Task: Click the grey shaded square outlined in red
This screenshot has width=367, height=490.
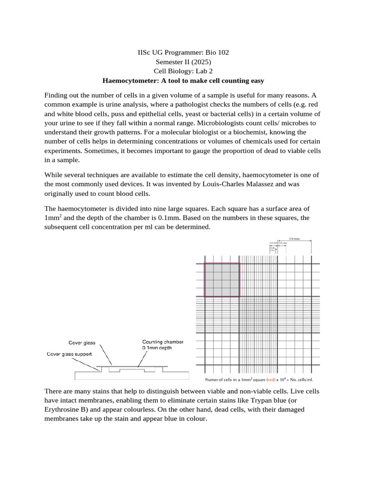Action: coord(222,280)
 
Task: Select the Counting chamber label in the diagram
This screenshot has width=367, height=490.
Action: coord(163,342)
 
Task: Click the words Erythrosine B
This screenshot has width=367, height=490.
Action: coord(69,409)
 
